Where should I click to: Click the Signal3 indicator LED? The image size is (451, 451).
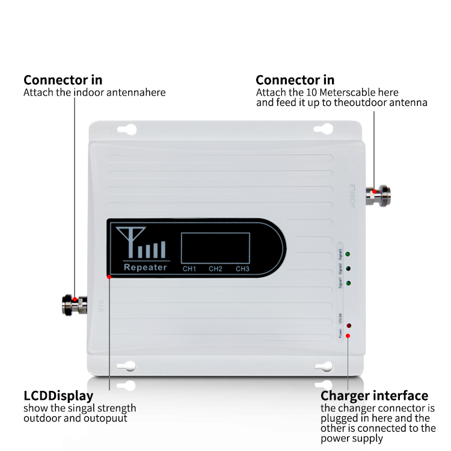tap(349, 255)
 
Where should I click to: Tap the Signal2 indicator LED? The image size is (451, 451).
tap(349, 269)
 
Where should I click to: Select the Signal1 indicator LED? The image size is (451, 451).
tap(349, 283)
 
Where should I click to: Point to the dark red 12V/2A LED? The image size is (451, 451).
tap(349, 325)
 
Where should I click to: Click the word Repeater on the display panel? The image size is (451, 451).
tap(144, 267)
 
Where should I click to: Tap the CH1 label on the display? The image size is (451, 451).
tap(189, 268)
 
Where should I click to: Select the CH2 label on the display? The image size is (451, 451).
tap(216, 268)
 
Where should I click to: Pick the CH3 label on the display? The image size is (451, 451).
tap(242, 268)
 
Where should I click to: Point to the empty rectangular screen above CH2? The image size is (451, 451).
tap(215, 247)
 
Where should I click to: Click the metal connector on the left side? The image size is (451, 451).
tap(75, 305)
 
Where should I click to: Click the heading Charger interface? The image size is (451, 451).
tap(374, 396)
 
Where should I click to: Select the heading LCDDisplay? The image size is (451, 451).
tap(58, 396)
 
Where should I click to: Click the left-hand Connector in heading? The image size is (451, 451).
tap(63, 80)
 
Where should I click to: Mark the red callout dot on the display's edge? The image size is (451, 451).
tap(109, 277)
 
